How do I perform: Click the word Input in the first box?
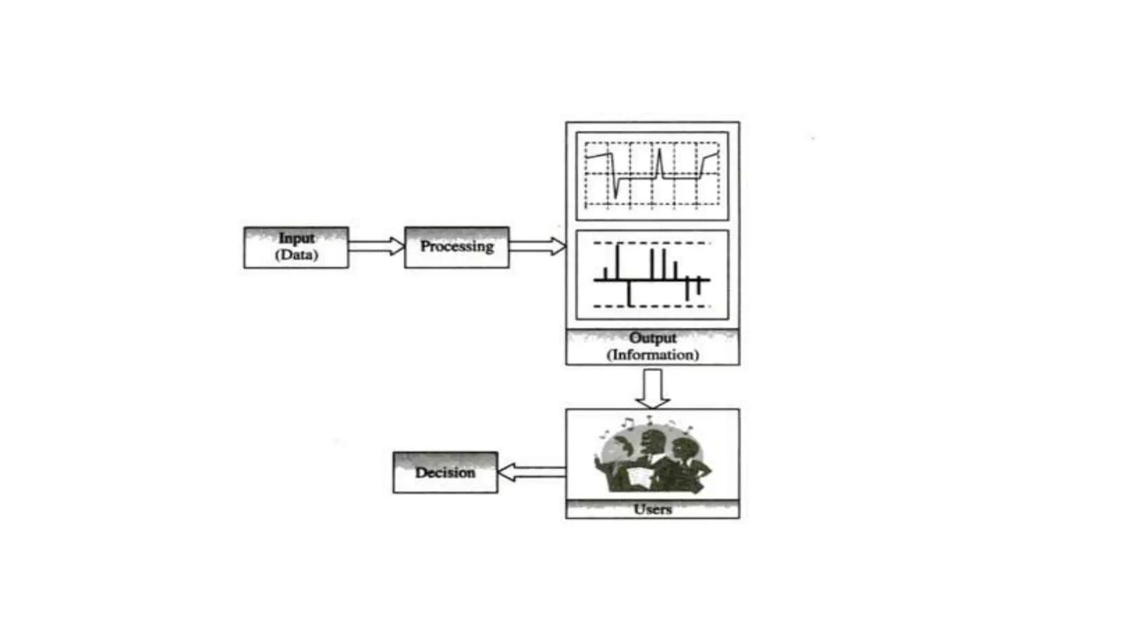296,238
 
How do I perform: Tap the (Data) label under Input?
296,255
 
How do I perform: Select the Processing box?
457,247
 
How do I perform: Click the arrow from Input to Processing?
376,246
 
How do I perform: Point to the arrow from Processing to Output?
537,246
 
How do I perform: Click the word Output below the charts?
652,338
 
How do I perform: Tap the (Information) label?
652,355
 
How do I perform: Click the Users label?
652,509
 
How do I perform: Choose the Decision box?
445,472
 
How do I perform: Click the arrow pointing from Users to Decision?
531,472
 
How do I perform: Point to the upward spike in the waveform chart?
660,159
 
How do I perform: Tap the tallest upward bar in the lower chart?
618,260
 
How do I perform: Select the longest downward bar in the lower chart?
630,293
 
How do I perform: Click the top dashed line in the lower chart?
651,243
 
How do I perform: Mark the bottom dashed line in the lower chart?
651,306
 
